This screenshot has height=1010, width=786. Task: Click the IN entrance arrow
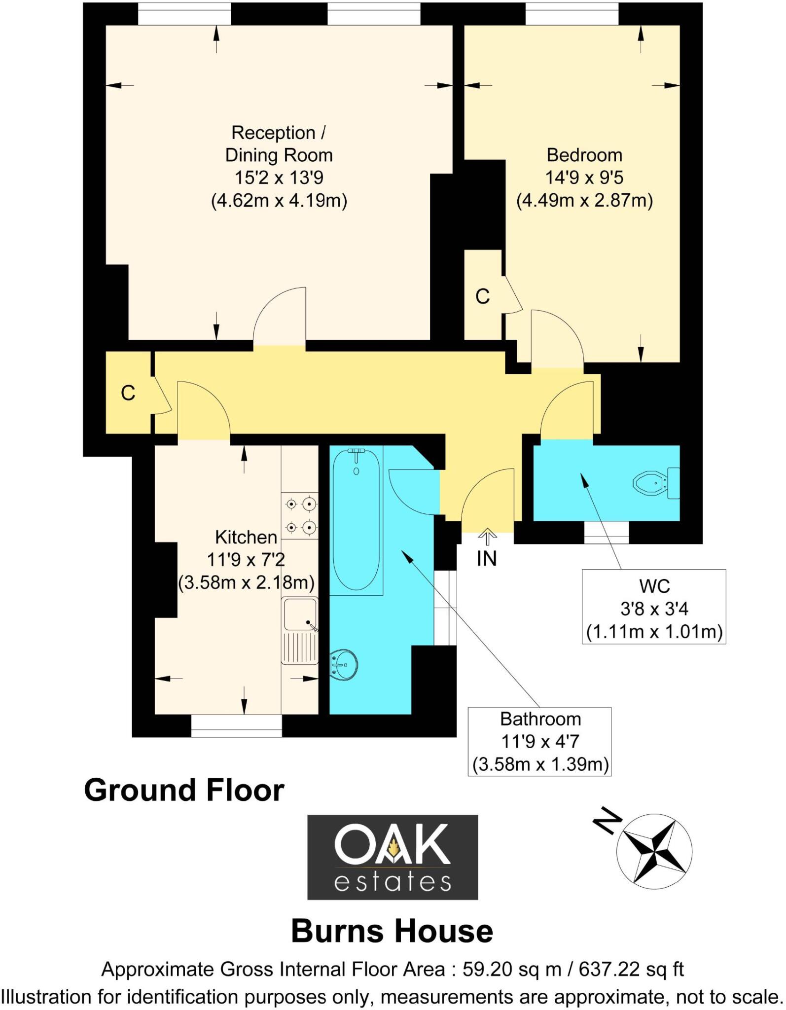(x=487, y=537)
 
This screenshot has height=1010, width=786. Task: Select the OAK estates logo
(x=393, y=857)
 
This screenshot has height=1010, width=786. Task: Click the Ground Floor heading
(x=184, y=790)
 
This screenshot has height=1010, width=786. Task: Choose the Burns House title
(x=392, y=931)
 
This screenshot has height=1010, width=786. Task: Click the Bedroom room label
(x=584, y=155)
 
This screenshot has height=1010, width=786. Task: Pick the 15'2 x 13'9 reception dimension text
(x=279, y=178)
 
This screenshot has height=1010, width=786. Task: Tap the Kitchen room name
(x=246, y=537)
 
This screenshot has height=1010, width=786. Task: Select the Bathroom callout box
(x=540, y=741)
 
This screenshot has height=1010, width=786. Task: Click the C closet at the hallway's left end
(x=128, y=393)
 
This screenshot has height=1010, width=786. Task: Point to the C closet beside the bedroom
(x=483, y=296)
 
